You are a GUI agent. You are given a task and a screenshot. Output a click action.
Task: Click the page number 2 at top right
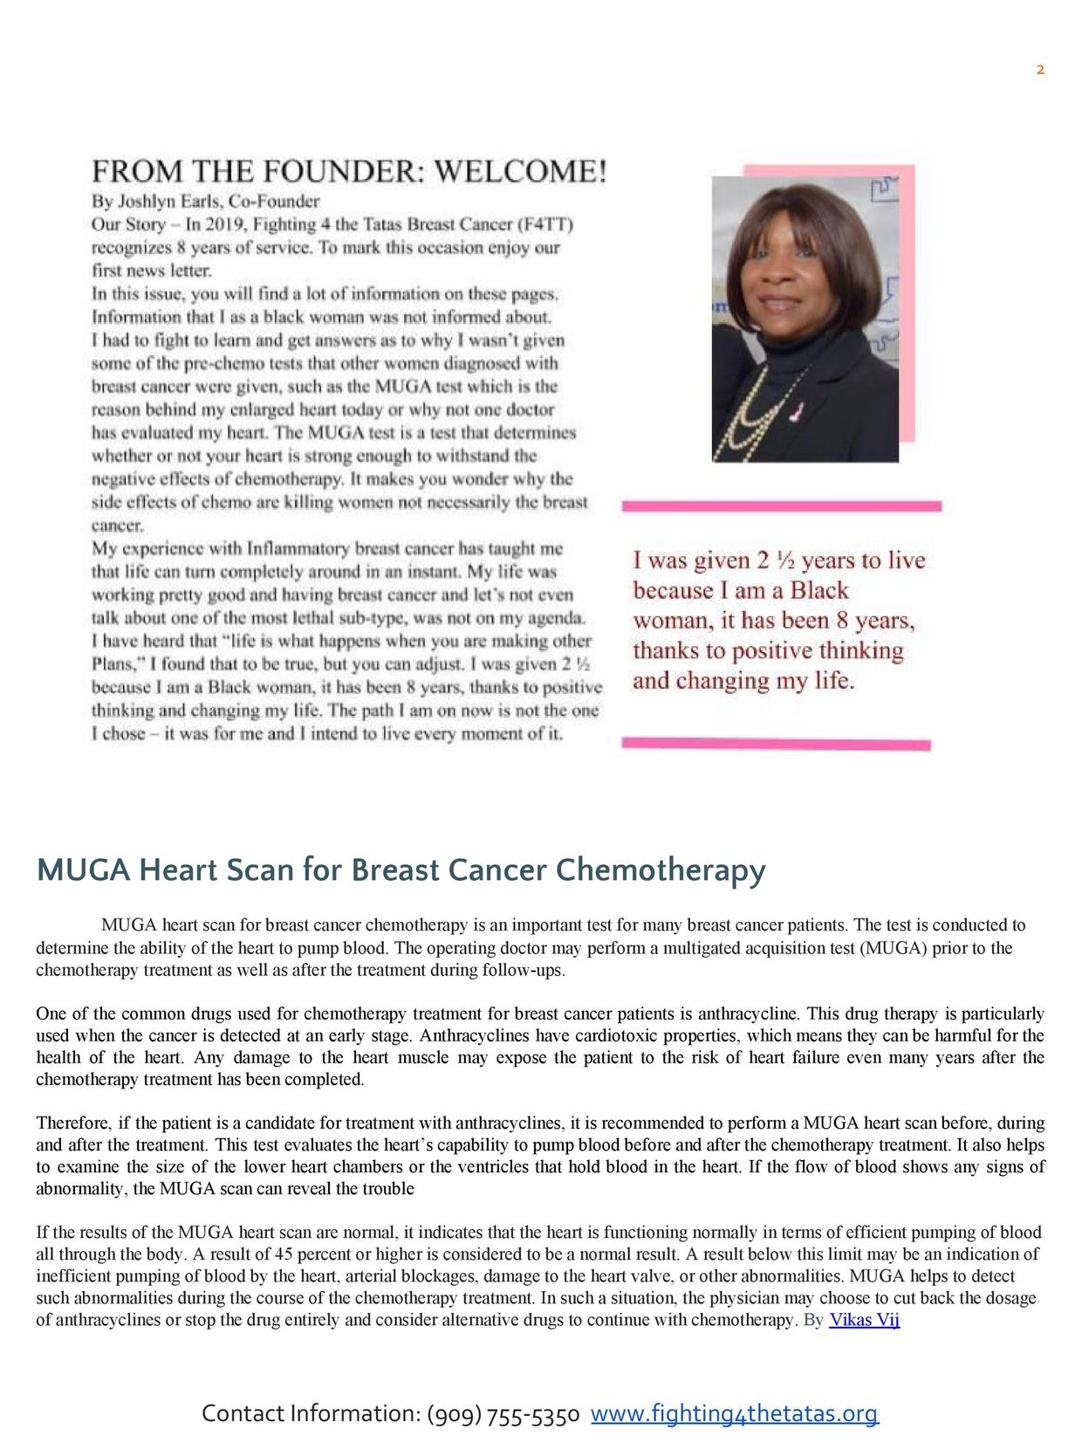[1040, 70]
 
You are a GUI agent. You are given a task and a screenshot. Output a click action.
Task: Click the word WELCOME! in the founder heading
[519, 170]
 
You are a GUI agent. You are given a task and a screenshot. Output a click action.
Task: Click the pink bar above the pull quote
[781, 505]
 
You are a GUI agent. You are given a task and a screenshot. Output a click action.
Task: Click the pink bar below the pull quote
[776, 744]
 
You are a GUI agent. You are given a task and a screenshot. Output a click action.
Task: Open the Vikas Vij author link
[864, 1319]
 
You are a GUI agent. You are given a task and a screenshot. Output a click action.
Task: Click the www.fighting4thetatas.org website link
[734, 1413]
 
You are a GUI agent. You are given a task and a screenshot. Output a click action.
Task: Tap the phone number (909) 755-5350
[503, 1414]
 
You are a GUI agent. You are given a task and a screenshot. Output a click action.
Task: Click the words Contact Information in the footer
[310, 1414]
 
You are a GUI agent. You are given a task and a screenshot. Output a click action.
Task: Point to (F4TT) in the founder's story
[547, 224]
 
